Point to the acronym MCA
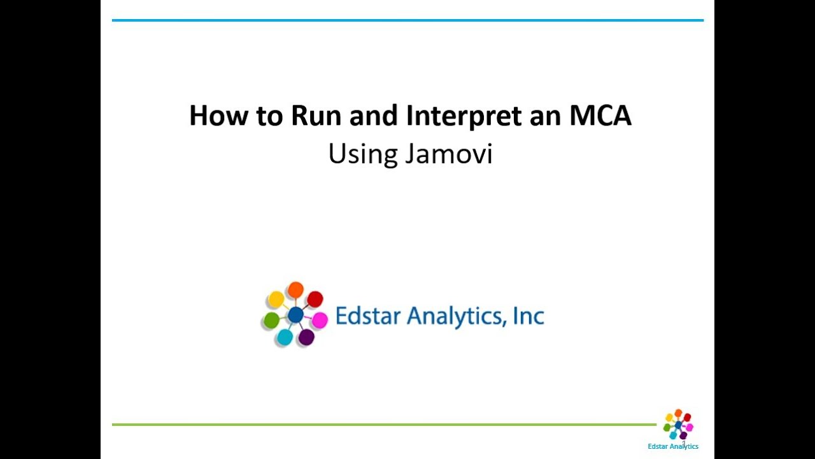coord(600,116)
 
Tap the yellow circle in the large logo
coord(276,299)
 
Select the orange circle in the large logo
coord(295,291)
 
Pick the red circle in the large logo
coord(315,299)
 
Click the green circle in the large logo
coord(271,320)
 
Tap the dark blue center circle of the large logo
coord(295,314)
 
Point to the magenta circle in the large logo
coord(320,320)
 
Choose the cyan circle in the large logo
coord(285,337)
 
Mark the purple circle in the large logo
coord(306,337)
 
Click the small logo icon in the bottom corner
coord(678,425)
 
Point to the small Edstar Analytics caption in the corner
coord(673,446)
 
